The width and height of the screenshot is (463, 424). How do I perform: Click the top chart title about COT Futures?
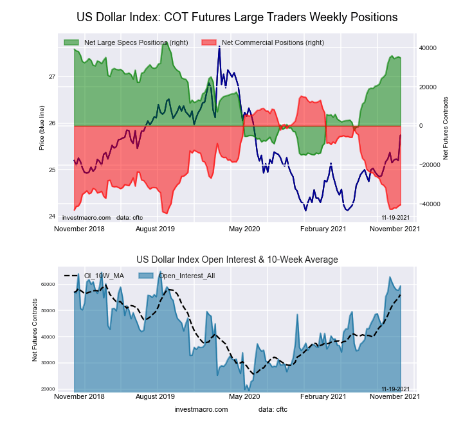(237, 17)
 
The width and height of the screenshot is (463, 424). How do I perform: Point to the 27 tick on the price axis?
(51, 77)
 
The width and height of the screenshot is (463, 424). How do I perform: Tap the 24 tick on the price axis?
(51, 216)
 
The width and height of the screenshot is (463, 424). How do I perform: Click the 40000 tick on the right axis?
(428, 48)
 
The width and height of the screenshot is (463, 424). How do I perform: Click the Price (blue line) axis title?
(42, 127)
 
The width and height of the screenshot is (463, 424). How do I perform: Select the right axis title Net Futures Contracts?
(446, 128)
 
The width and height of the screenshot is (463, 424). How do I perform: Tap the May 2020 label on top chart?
(244, 229)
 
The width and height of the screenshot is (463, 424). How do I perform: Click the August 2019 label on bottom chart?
(156, 397)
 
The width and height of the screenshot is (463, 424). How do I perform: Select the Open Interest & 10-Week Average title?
(237, 260)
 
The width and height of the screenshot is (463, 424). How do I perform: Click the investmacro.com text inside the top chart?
(86, 218)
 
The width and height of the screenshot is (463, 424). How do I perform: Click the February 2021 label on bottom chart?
(324, 397)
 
